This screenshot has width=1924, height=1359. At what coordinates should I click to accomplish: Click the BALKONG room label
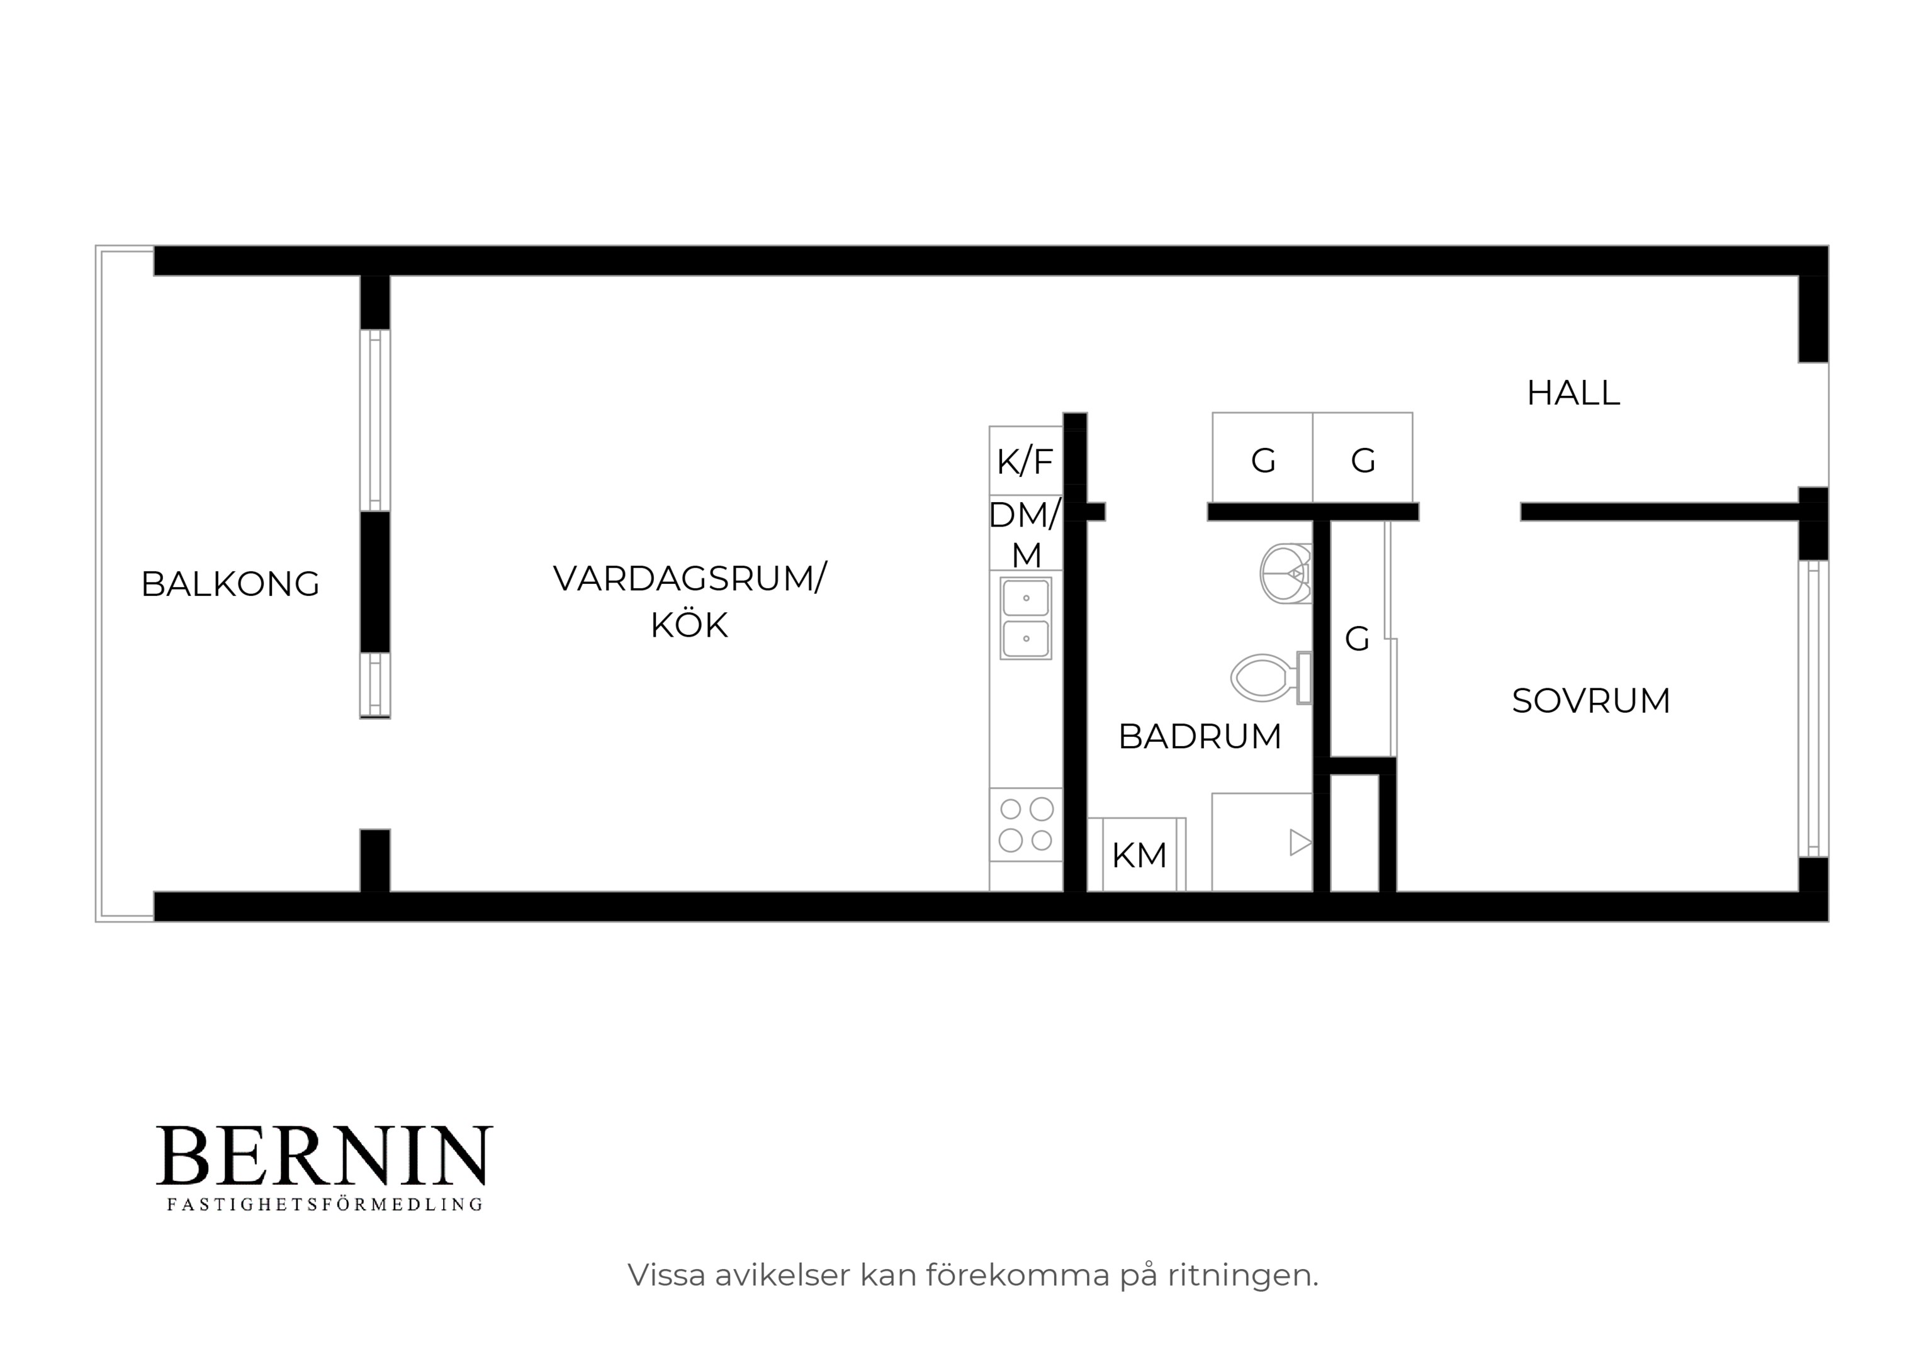230,584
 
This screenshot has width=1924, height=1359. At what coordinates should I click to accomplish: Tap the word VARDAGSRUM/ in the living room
690,579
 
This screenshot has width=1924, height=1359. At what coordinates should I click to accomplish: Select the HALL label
1573,393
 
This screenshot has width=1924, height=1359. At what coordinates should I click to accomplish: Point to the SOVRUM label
1590,700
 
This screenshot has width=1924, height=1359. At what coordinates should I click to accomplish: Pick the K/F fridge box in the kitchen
1026,461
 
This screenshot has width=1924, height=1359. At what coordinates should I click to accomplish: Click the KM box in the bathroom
1140,854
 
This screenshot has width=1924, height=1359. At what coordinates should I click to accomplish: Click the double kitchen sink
1026,618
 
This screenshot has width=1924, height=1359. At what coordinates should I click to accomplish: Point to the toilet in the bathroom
1270,678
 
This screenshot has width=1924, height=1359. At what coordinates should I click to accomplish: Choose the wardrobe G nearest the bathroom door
1262,457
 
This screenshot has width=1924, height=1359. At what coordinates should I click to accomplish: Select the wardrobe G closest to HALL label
1363,457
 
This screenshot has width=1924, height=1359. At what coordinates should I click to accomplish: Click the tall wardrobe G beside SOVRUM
1358,639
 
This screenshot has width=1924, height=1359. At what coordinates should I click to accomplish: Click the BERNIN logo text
324,1155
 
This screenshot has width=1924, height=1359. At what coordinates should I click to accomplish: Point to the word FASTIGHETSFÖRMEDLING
325,1205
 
